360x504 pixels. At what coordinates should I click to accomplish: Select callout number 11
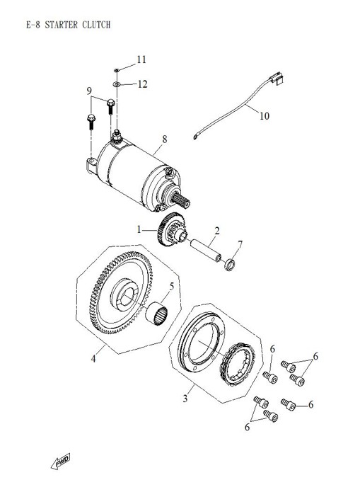(141, 59)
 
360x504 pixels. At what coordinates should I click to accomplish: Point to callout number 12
(142, 84)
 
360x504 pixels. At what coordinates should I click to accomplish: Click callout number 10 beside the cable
(264, 115)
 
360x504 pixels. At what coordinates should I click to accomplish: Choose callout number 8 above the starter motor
(164, 140)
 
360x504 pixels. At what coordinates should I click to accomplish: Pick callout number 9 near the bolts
(90, 91)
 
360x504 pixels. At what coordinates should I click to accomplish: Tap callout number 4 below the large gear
(93, 359)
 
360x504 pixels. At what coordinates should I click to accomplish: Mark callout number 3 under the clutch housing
(185, 399)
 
